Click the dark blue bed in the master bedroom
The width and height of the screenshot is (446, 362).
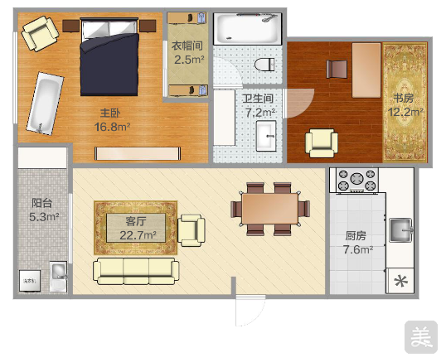click(x=109, y=57)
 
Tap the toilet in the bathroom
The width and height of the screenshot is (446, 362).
click(x=264, y=65)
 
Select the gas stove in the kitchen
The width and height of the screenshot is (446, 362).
click(x=357, y=180)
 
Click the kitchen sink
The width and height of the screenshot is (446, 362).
click(x=400, y=229)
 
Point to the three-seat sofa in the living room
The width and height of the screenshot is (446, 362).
click(x=136, y=271)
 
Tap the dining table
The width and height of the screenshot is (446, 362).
click(x=270, y=209)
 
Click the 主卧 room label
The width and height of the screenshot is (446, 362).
click(x=110, y=113)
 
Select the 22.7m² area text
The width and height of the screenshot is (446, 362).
click(x=138, y=235)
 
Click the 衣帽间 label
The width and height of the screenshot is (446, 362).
click(x=187, y=46)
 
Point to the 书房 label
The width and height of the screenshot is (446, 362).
click(x=404, y=98)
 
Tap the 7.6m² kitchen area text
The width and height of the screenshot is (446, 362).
click(x=358, y=250)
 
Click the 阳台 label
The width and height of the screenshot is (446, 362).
click(x=42, y=203)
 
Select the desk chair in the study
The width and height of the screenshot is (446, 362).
click(x=337, y=69)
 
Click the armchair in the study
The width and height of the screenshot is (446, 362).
click(x=322, y=143)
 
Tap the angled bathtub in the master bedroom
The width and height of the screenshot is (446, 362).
click(x=46, y=104)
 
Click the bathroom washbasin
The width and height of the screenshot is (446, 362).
click(x=266, y=136)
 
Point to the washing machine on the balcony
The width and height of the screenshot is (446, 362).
click(x=30, y=281)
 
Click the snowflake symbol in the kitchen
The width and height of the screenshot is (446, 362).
click(x=401, y=282)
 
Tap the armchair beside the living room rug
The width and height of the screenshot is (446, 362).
click(x=191, y=230)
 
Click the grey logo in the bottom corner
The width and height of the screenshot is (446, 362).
click(x=421, y=337)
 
